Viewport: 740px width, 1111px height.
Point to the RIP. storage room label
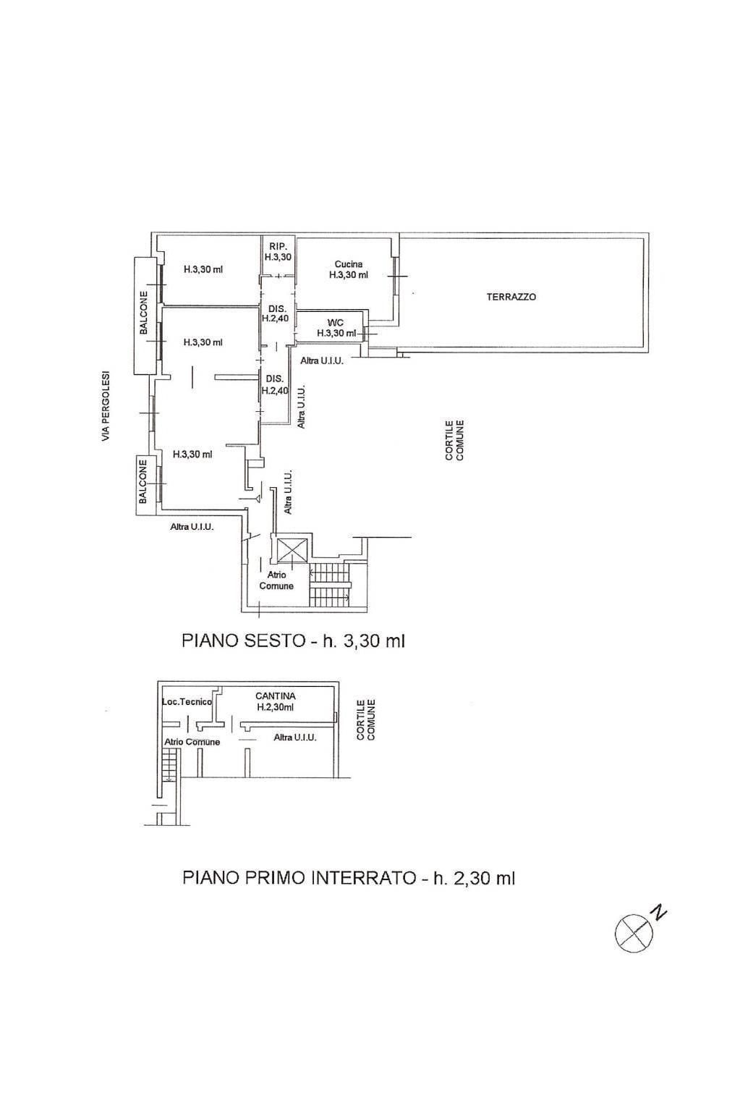click(x=278, y=252)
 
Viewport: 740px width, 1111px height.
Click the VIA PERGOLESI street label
click(x=105, y=407)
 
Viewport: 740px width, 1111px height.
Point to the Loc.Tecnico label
click(x=187, y=702)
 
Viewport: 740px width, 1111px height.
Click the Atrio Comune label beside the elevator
click(x=276, y=580)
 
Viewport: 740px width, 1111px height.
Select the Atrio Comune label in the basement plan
click(x=192, y=742)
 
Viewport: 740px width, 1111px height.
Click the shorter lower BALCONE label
click(x=143, y=481)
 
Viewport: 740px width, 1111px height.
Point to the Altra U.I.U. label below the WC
click(x=322, y=361)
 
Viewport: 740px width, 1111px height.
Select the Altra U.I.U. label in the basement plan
click(x=295, y=738)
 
